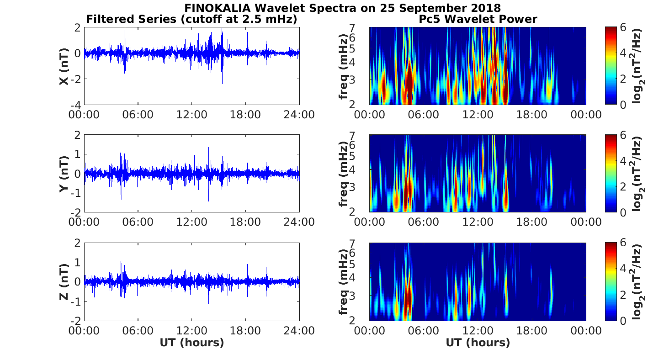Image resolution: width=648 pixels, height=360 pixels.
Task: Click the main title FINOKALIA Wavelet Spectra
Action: (342, 8)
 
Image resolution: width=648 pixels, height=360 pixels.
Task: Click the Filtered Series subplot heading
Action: (192, 19)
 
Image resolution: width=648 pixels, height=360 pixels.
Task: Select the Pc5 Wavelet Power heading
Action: (478, 19)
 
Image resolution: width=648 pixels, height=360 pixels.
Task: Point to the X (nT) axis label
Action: (64, 66)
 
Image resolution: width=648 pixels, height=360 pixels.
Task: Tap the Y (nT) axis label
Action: (64, 174)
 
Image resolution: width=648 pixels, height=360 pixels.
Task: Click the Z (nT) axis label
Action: (64, 282)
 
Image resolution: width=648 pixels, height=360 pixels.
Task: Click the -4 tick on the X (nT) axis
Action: (75, 105)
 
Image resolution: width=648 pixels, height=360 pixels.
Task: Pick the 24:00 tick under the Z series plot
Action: (299, 330)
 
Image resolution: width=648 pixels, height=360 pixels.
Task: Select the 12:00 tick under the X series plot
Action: (191, 114)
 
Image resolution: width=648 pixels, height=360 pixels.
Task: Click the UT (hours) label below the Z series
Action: (191, 343)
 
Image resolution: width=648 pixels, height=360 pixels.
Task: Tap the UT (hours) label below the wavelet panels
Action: (478, 343)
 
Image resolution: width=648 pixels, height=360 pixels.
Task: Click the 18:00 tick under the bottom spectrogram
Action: (531, 330)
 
